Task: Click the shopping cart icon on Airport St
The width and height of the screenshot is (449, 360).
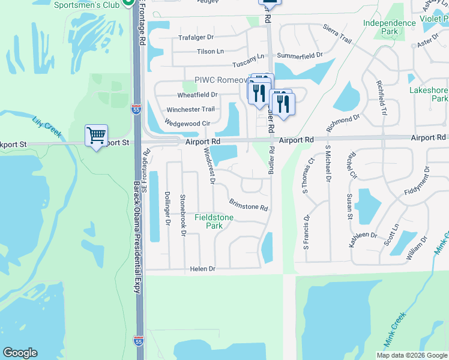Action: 96,136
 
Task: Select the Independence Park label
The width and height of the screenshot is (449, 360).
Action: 389,27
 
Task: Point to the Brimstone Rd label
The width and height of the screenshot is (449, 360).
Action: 248,203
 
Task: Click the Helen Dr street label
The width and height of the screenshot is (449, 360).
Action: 202,269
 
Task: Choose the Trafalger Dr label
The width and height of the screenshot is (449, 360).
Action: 196,37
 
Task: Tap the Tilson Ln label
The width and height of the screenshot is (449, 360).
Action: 210,52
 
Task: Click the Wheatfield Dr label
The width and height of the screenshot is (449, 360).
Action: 197,95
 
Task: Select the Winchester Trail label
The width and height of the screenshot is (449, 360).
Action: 190,109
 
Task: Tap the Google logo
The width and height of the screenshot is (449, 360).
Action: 20,353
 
